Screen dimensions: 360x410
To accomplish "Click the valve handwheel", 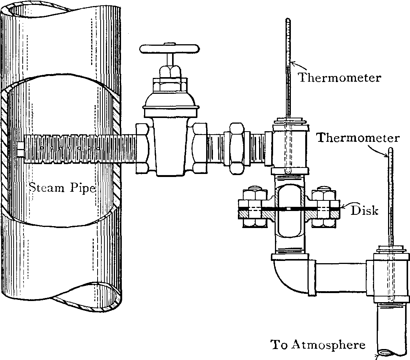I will (x=169, y=49).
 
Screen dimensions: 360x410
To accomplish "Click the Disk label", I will (x=364, y=210).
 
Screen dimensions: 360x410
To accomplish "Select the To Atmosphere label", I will (x=318, y=345).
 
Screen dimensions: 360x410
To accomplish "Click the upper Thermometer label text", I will (x=339, y=78).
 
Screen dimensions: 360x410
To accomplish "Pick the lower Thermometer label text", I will (x=358, y=138).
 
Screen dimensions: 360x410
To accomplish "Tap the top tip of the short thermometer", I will (x=390, y=150).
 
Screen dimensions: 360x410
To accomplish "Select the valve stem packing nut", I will (x=169, y=71).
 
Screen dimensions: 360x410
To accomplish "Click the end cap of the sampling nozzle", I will (x=20, y=149).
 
